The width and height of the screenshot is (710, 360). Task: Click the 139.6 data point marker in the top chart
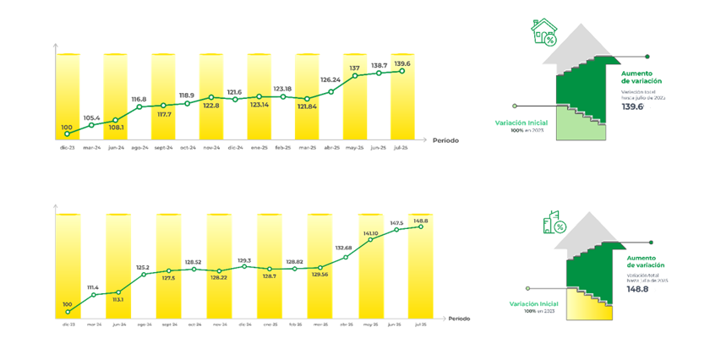point(402,71)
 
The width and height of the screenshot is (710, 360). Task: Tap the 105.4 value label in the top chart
point(91,118)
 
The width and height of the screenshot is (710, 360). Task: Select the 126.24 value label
point(330,81)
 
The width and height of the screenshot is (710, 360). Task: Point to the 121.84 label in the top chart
point(307,107)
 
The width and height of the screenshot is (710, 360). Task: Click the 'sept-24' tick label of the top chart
point(163,148)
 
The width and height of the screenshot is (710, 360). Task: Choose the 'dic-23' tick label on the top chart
point(67,148)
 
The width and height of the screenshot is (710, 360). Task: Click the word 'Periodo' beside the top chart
point(445,139)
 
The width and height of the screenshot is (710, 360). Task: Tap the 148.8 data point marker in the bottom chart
point(420,226)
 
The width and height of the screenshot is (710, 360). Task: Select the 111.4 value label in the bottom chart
point(92,287)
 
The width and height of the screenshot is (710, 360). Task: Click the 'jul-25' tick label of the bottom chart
point(419,325)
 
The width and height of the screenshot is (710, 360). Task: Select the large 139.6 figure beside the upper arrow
point(633,107)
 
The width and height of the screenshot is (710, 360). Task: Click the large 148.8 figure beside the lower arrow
point(639,287)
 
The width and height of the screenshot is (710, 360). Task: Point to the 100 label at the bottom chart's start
point(68,304)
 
